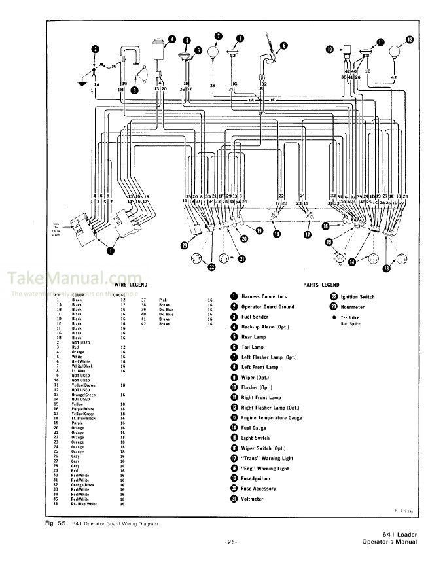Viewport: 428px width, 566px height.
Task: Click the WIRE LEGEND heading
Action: tap(128, 285)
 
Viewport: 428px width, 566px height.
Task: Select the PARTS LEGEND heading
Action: tap(321, 285)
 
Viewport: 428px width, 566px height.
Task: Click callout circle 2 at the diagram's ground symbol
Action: tap(95, 49)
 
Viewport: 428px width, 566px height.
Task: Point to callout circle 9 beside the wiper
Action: tap(283, 46)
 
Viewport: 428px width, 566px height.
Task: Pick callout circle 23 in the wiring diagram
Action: tap(185, 245)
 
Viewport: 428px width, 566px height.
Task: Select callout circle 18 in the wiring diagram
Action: tap(276, 234)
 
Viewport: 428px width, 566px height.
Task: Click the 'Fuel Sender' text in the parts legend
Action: tap(259, 317)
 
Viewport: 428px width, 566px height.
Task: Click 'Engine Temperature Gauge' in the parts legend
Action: tap(272, 417)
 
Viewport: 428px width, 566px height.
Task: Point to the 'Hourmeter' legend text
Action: tap(355, 306)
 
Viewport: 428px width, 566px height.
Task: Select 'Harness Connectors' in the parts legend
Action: tap(265, 296)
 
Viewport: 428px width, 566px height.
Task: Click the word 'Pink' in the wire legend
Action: tap(163, 299)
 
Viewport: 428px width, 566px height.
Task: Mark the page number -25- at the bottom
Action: tap(230, 542)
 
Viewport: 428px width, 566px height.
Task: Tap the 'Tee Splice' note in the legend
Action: tap(351, 317)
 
